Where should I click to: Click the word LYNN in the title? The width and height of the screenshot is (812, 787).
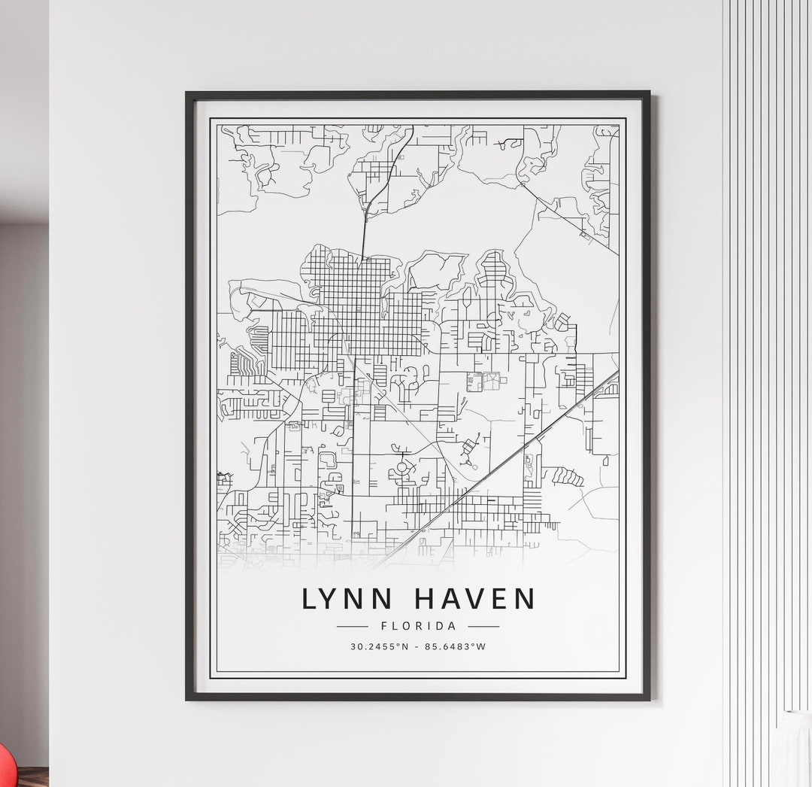tap(347, 599)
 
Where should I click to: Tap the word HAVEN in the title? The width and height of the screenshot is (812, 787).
tap(475, 599)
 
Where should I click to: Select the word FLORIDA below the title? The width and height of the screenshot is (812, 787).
tap(418, 626)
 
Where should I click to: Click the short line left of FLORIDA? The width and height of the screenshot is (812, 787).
tap(352, 626)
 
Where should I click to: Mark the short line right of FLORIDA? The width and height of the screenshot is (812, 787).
tap(483, 626)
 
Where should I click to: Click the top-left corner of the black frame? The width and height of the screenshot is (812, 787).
tap(188, 93)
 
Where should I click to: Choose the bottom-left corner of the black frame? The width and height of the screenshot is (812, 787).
tap(188, 698)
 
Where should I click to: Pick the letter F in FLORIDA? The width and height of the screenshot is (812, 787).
tap(385, 626)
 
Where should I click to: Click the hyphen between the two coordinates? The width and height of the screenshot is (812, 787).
tap(417, 646)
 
